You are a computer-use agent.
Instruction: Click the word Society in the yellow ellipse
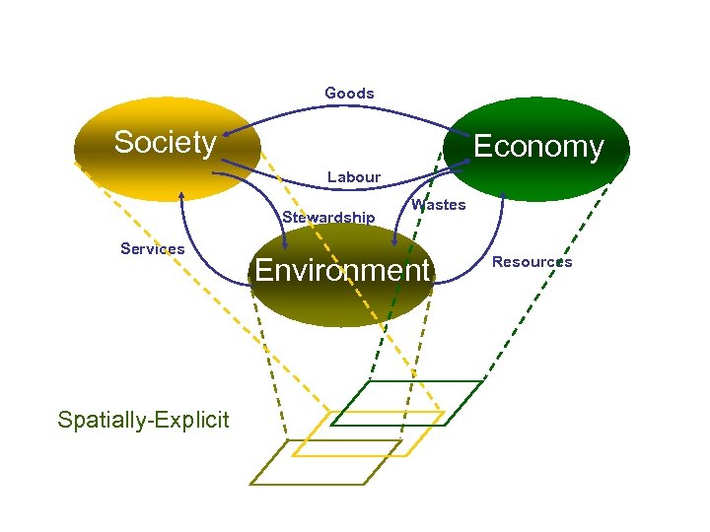pos(165,143)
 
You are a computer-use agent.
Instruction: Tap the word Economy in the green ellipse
pos(537,147)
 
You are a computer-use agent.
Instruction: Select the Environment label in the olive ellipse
pos(342,270)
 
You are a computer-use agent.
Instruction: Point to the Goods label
pos(349,94)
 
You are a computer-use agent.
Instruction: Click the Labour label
pos(353,177)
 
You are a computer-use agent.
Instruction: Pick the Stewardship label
pos(328,217)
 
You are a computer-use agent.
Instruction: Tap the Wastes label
pos(438,205)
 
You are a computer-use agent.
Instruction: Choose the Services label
pos(152,248)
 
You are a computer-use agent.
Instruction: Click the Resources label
pos(532,262)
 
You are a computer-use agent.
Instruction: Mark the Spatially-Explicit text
pos(143,421)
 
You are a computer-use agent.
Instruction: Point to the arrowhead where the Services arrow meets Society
pos(180,196)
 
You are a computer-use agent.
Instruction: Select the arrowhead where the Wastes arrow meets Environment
pos(394,242)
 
